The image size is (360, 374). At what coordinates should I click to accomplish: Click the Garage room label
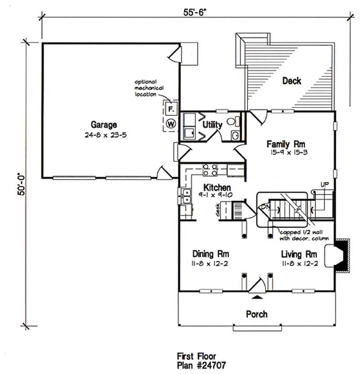(104, 125)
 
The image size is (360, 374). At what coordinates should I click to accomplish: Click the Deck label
(292, 80)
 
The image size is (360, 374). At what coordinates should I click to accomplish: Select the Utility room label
(212, 125)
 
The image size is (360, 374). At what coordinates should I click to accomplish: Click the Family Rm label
(286, 144)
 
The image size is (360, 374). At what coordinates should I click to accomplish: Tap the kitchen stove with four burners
(209, 170)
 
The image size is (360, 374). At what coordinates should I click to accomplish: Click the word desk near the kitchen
(218, 210)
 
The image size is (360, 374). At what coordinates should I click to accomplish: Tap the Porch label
(256, 314)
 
